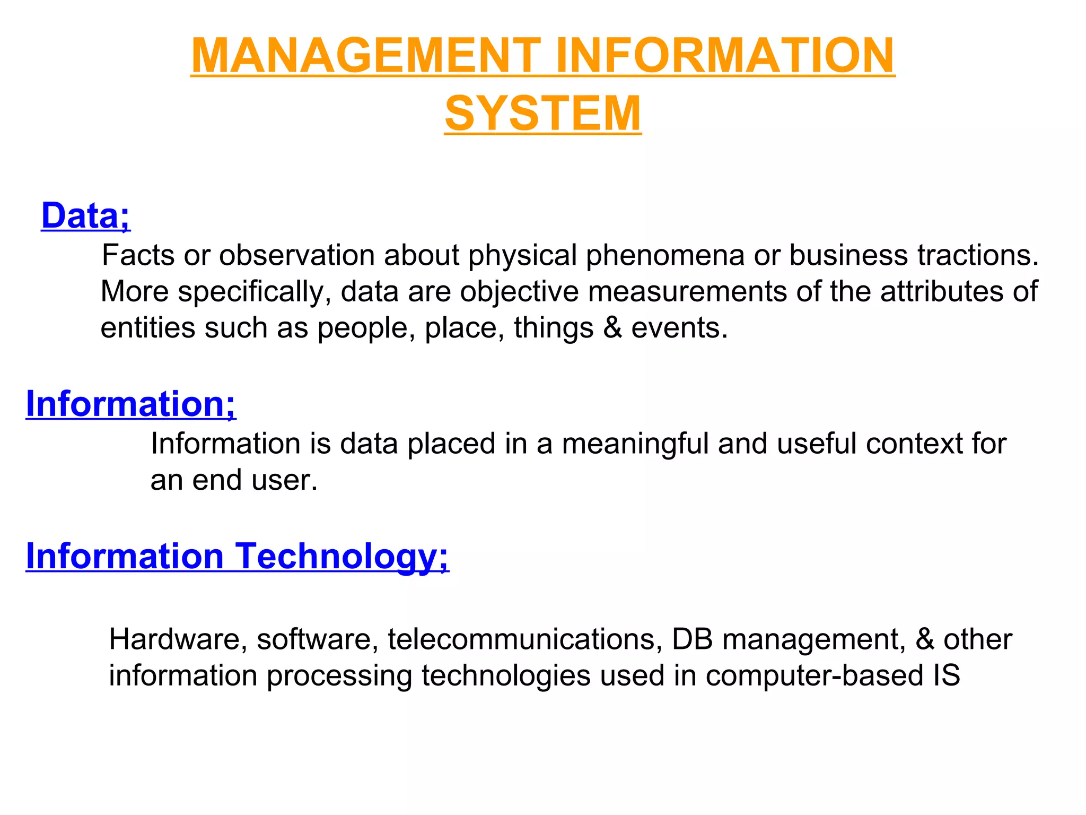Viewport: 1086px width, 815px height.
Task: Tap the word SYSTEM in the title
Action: pyautogui.click(x=543, y=113)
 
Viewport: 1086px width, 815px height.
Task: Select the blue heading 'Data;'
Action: pyautogui.click(x=85, y=215)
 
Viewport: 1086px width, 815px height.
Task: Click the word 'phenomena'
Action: pyautogui.click(x=665, y=255)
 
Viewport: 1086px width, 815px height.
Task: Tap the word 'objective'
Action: pyautogui.click(x=519, y=292)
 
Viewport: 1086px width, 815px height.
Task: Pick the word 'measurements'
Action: pyautogui.click(x=687, y=292)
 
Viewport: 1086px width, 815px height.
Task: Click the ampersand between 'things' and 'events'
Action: pyautogui.click(x=612, y=328)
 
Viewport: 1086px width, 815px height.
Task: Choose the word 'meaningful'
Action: pyautogui.click(x=635, y=444)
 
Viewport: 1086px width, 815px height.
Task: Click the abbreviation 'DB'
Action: pyautogui.click(x=692, y=639)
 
